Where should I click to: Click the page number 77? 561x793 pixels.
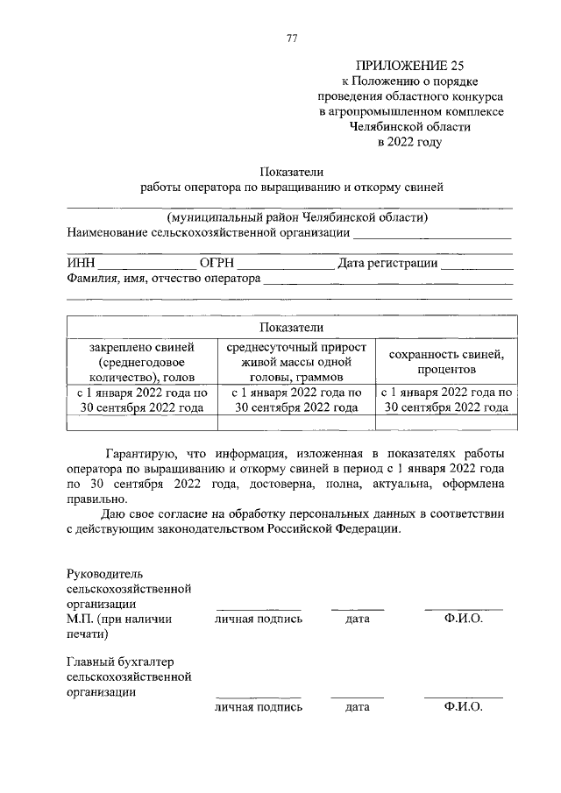293,37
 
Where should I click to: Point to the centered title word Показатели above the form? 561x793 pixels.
292,171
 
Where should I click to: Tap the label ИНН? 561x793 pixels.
81,264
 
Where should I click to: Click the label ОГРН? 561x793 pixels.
217,264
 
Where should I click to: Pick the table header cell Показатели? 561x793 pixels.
292,327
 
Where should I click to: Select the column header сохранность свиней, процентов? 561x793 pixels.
445,361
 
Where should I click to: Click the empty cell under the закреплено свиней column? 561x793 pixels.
142,422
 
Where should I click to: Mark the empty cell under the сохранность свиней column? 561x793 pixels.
445,422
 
